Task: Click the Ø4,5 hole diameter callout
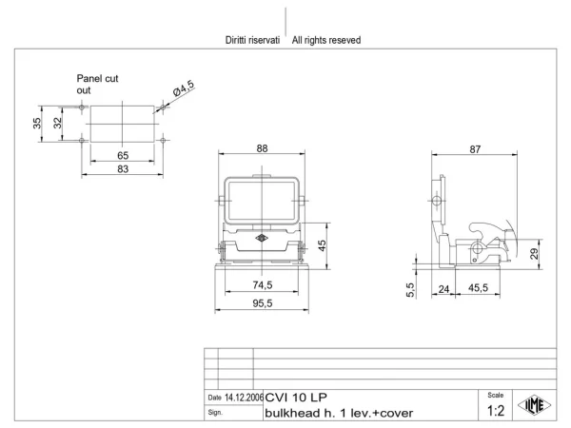184,88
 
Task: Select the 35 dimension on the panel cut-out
37,124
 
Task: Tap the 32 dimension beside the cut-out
57,123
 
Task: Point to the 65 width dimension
123,156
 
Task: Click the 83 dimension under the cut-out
123,169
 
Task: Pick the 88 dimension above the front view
262,148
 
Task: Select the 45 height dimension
322,245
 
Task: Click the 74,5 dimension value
263,285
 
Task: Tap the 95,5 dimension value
263,303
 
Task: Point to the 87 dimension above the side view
475,149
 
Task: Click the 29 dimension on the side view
534,254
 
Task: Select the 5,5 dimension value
410,290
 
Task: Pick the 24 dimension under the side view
443,289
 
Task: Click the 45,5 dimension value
478,288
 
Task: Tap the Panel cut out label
97,85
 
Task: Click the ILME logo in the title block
535,405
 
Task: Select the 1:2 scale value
496,411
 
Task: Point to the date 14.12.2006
244,398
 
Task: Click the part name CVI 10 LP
296,397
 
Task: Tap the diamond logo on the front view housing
262,239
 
